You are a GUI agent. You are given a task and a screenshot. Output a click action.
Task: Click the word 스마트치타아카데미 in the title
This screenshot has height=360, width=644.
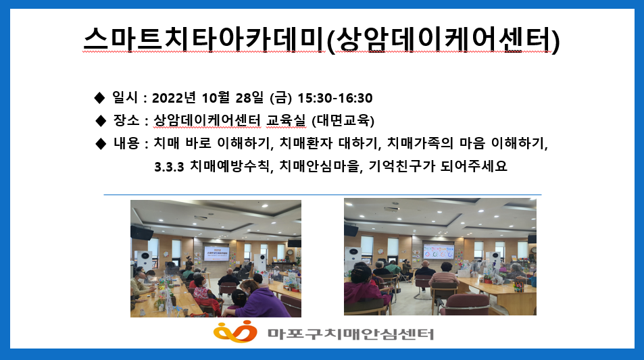click(x=204, y=39)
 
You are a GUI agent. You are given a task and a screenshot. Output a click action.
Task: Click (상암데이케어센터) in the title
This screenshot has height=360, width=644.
click(x=443, y=39)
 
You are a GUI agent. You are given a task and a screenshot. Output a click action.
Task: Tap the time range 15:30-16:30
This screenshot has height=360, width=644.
click(x=335, y=98)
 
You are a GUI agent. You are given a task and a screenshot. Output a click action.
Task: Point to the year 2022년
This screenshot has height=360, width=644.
click(x=174, y=98)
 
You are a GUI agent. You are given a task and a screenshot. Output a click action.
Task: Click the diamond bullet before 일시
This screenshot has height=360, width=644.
click(x=99, y=98)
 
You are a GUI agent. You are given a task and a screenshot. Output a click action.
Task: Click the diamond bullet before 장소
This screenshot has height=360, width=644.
click(x=101, y=121)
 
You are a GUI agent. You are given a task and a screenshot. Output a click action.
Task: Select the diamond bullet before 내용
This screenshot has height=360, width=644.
click(x=101, y=144)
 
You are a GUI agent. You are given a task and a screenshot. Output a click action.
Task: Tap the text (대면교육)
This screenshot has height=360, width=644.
click(x=343, y=121)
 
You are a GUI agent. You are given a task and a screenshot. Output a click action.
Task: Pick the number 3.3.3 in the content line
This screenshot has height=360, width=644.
click(x=169, y=167)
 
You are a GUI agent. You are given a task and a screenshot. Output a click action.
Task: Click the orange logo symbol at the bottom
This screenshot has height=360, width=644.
click(x=235, y=331)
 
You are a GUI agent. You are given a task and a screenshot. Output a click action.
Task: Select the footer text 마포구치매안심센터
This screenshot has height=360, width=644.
click(x=351, y=334)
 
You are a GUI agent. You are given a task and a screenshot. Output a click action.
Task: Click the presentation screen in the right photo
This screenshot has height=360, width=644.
click(x=439, y=251)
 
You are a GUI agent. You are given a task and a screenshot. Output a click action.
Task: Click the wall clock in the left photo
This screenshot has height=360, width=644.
click(x=290, y=252)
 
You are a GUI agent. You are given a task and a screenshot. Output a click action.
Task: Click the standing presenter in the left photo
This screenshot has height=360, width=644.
click(x=189, y=263)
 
